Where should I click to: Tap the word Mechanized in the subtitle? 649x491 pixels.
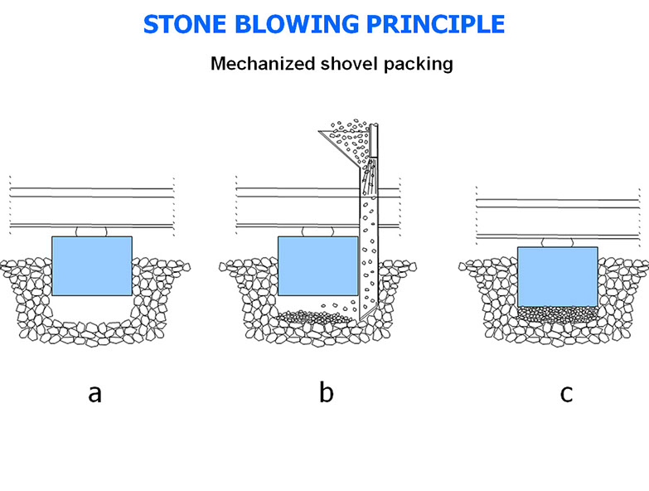point(258,64)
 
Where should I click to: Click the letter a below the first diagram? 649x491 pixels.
point(94,393)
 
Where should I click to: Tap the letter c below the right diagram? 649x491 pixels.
point(566,393)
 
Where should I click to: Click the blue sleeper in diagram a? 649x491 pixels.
point(91,265)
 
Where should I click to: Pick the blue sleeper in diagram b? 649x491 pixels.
point(317,265)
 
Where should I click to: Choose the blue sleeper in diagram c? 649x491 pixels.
point(557,276)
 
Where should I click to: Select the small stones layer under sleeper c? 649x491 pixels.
point(556,314)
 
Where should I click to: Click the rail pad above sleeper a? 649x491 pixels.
point(91,231)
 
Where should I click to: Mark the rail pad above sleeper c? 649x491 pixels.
point(557,242)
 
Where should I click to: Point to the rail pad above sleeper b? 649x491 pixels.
point(317,231)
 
